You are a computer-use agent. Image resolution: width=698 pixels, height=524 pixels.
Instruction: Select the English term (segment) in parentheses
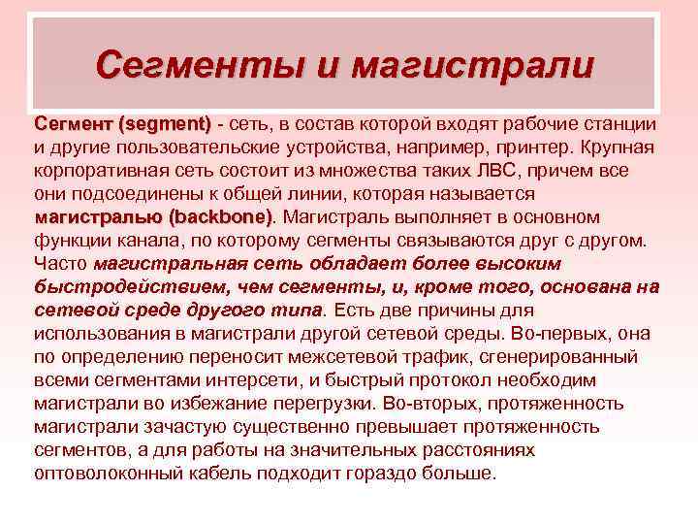164,124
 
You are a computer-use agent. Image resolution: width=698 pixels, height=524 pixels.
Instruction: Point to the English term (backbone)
220,216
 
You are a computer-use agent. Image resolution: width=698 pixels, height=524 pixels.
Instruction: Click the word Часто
60,263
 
